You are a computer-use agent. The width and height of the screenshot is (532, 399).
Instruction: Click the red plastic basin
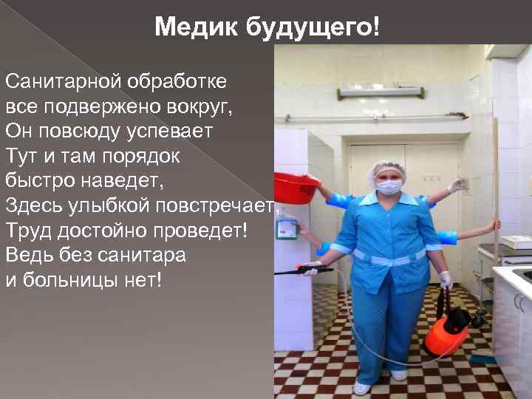[x=296, y=188]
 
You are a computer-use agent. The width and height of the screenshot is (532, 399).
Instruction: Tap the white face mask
[x=389, y=186]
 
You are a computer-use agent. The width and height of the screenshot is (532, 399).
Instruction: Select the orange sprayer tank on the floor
[x=447, y=332]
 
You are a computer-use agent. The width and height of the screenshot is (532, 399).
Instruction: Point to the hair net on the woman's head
[x=386, y=168]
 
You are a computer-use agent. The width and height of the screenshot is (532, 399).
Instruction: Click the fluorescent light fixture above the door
[x=381, y=92]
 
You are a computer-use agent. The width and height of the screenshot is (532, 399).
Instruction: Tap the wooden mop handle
[x=495, y=185]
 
